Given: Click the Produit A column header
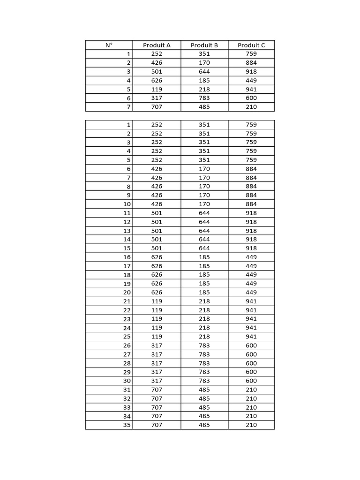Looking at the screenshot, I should (x=157, y=45).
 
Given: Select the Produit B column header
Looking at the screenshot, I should (x=204, y=45).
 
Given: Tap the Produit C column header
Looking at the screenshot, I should (x=251, y=45).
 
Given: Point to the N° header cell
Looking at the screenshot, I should (x=109, y=45).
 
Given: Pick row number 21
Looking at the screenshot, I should (x=127, y=301).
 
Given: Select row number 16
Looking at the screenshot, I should (x=127, y=257).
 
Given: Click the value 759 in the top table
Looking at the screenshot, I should (x=251, y=54).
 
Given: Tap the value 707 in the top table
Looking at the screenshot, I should (x=157, y=107).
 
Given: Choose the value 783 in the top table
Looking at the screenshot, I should (x=204, y=98).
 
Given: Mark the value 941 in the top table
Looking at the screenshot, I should (x=251, y=89).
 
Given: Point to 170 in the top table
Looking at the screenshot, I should (x=204, y=63).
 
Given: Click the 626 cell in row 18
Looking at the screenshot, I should (x=157, y=275).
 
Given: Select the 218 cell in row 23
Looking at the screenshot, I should (x=204, y=319).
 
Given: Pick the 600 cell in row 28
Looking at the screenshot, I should (x=251, y=363).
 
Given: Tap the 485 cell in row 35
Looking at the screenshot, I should (x=204, y=425).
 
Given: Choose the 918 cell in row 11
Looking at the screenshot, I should (x=251, y=213).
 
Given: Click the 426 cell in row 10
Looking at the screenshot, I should (x=157, y=204).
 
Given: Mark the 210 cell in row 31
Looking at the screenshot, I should (x=251, y=390).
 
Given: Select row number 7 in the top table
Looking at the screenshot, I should (x=128, y=107).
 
